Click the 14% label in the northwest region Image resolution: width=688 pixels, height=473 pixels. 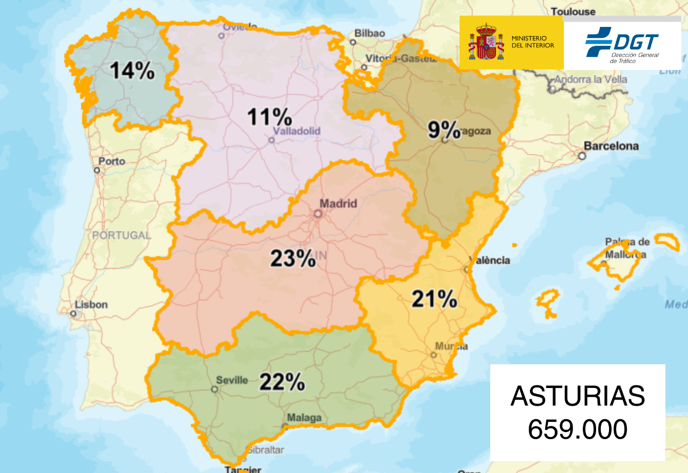132,71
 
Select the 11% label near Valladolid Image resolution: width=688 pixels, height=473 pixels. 269,117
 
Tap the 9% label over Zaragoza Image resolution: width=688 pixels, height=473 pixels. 444,130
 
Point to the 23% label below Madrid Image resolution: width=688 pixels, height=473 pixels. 292,259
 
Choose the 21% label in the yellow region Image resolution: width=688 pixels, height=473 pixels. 434,299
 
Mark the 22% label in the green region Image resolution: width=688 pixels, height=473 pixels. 282,383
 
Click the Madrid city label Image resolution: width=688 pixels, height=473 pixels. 338,203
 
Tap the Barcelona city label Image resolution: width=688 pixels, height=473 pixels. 611,146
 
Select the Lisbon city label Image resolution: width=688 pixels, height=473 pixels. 91,305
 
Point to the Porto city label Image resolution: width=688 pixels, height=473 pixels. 112,161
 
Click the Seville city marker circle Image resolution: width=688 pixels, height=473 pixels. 214,389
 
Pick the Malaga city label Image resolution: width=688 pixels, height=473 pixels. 304,418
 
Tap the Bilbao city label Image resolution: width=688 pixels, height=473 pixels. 370,33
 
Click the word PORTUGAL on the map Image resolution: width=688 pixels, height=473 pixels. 121,235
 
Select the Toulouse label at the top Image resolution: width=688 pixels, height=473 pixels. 574,11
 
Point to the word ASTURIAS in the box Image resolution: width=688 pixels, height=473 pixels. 577,397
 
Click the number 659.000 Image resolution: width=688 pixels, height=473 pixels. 577,429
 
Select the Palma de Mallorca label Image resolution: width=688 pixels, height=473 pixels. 627,248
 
